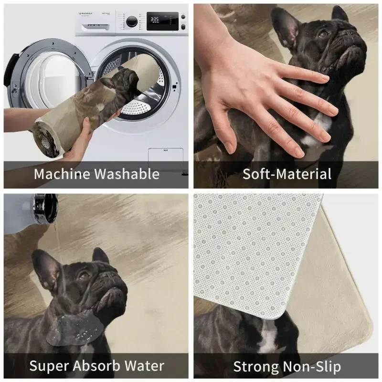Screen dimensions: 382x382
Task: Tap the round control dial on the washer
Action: [x=131, y=21]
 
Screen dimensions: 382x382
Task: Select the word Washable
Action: [x=127, y=174]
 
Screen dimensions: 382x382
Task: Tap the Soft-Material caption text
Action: [x=286, y=174]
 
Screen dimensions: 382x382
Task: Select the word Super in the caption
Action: [x=48, y=366]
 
